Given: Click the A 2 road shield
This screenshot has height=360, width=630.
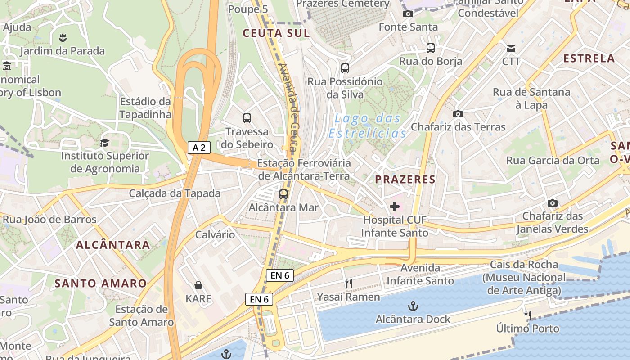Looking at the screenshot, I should click(199, 148).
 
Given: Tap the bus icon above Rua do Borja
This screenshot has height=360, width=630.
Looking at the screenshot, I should click(431, 48).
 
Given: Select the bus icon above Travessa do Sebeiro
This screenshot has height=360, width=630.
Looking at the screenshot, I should click(247, 118).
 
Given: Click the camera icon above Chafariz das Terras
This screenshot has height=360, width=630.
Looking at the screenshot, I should click(458, 114).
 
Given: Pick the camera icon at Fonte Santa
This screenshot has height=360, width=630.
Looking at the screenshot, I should click(408, 14).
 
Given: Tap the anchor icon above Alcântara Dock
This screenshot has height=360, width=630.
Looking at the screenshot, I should click(413, 306).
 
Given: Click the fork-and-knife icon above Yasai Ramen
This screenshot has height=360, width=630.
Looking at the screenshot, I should click(348, 283).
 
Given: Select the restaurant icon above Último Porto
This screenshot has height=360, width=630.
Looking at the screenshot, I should click(528, 315).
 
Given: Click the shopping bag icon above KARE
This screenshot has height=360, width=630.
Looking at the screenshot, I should click(198, 285).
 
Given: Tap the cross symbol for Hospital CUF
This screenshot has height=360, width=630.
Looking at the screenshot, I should click(395, 207).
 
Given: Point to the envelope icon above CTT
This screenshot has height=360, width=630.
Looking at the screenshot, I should click(511, 49).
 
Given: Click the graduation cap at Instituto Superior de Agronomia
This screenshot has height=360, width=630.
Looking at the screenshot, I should click(105, 143).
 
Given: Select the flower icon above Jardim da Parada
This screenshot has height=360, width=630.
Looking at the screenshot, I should click(63, 37).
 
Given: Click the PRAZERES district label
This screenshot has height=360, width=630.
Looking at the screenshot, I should click(405, 180).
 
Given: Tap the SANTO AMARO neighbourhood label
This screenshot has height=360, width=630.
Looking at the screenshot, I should click(101, 283).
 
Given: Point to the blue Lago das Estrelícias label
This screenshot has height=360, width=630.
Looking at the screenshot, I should click(368, 126).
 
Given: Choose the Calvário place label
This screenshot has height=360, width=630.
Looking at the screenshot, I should click(215, 234).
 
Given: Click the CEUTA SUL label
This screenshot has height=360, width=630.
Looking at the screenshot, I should click(276, 33).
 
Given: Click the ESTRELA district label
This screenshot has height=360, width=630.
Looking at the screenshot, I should click(589, 58).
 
